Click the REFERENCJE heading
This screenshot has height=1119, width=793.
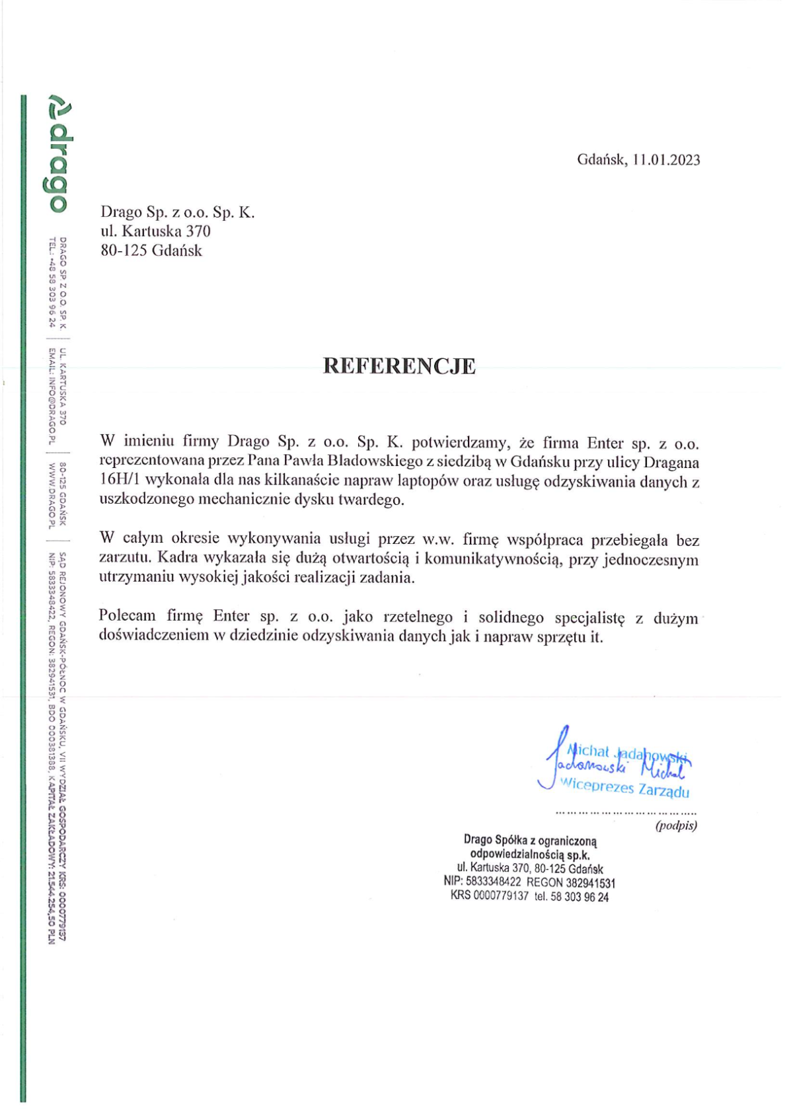[x=398, y=366]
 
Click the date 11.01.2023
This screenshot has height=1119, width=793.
[x=665, y=160]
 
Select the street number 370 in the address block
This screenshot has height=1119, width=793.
[x=198, y=231]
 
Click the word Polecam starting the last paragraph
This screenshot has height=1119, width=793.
[x=128, y=616]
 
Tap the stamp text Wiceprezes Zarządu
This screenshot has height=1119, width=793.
[x=624, y=788]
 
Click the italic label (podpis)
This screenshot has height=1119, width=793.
[x=675, y=825]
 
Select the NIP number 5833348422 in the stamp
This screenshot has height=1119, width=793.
[x=493, y=882]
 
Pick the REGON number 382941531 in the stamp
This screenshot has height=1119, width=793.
[x=590, y=882]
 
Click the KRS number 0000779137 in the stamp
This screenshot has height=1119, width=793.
[x=501, y=896]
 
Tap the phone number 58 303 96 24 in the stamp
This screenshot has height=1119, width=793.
[x=580, y=897]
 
